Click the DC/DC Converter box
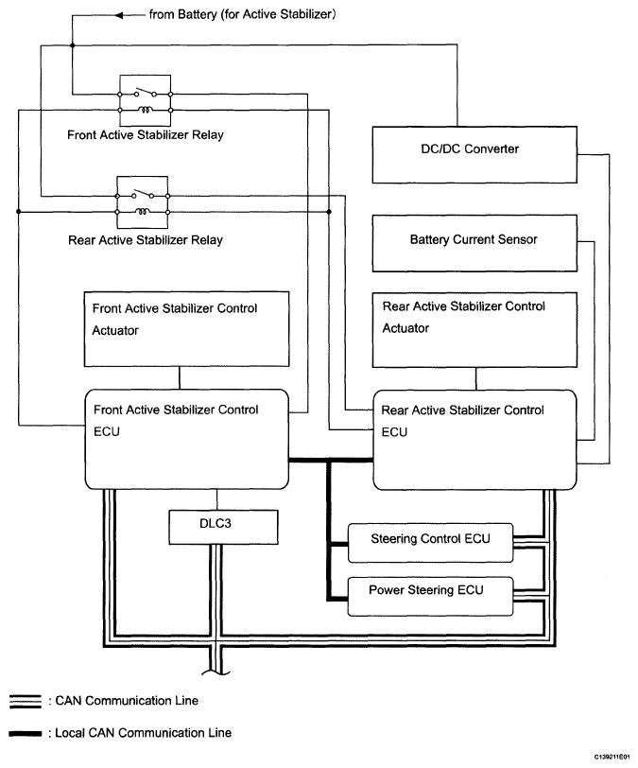(x=474, y=155)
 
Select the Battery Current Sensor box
(x=474, y=243)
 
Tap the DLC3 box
(x=223, y=527)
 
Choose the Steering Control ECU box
(x=430, y=543)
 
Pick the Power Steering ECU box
(x=430, y=596)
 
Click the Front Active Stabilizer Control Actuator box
(x=186, y=328)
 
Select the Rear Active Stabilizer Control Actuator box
(x=474, y=330)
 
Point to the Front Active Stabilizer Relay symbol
(x=145, y=100)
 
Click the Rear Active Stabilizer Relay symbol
(x=143, y=202)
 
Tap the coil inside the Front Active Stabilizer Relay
(x=145, y=110)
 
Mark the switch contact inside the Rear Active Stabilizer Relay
(x=143, y=194)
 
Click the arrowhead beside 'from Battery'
(x=119, y=16)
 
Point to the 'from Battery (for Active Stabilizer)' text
(x=242, y=14)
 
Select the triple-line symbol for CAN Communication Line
(x=26, y=702)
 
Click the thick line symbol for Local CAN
(x=26, y=733)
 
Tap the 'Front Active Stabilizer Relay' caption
(x=146, y=134)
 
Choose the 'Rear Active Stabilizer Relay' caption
(x=146, y=240)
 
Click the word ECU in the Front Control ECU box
(x=107, y=431)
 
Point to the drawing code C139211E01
(x=612, y=758)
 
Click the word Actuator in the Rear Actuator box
(x=405, y=328)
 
